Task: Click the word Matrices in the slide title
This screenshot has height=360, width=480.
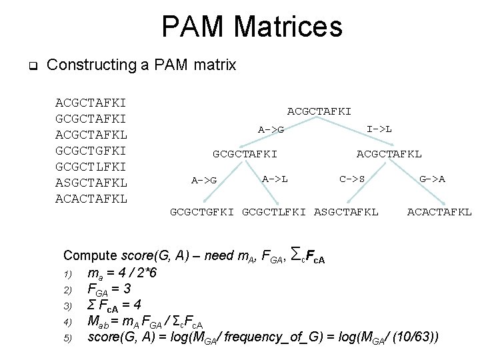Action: tap(289, 27)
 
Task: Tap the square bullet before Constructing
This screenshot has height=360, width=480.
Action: tap(31, 66)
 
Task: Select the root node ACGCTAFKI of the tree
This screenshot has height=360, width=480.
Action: tap(319, 111)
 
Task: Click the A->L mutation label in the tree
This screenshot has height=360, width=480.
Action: tap(275, 179)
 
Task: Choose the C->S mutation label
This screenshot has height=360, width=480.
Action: tap(352, 179)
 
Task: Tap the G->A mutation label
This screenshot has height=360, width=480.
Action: tap(433, 179)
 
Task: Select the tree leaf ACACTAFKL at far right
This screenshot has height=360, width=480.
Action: tap(439, 212)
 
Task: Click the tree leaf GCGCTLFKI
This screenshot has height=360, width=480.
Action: tap(274, 212)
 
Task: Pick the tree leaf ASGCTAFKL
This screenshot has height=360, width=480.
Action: tap(346, 212)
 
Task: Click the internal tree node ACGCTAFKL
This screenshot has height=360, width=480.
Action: tap(389, 153)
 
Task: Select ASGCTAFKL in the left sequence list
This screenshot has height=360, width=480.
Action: tap(92, 182)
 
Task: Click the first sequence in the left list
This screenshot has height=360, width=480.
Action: tap(92, 103)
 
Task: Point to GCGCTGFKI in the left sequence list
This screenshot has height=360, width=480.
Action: tap(92, 151)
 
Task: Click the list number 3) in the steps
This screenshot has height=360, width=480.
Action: tap(67, 305)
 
